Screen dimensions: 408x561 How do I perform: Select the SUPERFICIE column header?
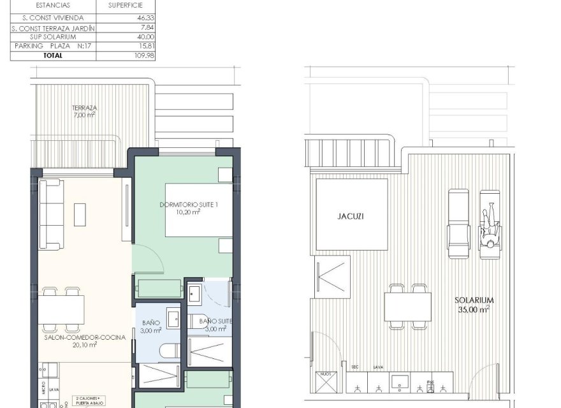click(125, 6)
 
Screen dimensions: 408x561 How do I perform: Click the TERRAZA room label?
click(84, 108)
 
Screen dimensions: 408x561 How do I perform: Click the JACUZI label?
click(351, 216)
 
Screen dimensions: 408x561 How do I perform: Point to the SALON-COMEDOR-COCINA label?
click(76, 337)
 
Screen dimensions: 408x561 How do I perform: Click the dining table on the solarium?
click(408, 307)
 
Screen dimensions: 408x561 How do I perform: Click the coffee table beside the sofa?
click(81, 214)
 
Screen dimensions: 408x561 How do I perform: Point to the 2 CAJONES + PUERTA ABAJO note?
click(92, 398)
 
